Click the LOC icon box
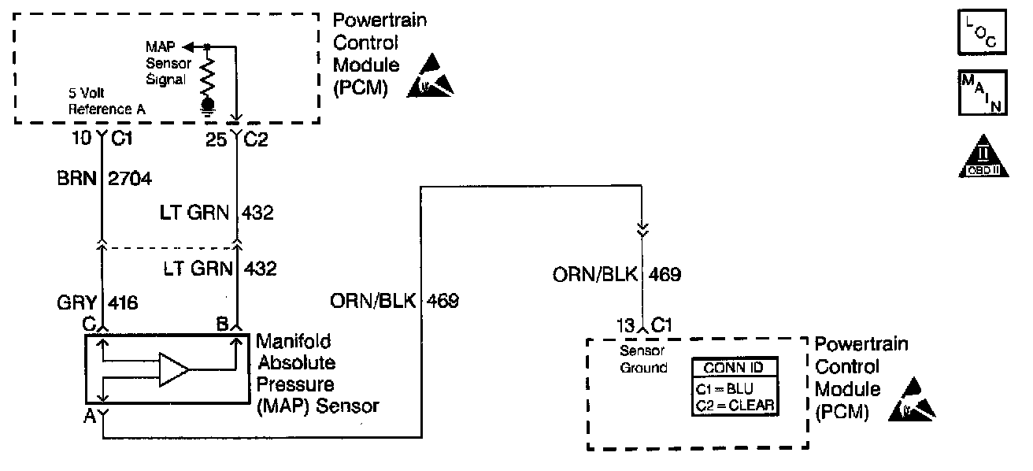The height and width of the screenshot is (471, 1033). coord(982,32)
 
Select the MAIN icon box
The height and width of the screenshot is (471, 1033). coord(983,92)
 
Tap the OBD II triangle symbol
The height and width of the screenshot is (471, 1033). coord(983,157)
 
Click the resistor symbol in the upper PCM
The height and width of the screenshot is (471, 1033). coord(208,75)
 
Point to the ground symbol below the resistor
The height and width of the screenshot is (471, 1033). coord(208,106)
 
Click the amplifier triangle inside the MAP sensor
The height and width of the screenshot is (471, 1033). coord(174,369)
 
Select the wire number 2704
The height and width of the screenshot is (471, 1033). coord(130,179)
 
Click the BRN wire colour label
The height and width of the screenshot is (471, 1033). coord(76,179)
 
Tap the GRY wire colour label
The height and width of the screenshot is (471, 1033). coord(76,303)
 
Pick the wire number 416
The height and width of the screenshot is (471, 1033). coord(123,303)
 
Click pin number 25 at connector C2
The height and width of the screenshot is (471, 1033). coord(216,139)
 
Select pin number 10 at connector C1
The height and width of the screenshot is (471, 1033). coord(82,138)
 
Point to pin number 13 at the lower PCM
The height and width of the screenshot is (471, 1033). coord(626,326)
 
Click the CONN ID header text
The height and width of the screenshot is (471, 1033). coord(733,368)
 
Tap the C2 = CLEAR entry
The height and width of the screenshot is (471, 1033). coord(735,406)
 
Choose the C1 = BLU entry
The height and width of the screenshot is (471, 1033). coord(724,389)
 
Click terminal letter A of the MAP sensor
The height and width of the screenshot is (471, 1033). coord(90,416)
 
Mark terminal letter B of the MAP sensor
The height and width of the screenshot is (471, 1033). coord(222,325)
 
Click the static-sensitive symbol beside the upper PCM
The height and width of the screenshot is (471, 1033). coord(430,76)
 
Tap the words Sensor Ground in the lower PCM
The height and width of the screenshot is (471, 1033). coord(643,359)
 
